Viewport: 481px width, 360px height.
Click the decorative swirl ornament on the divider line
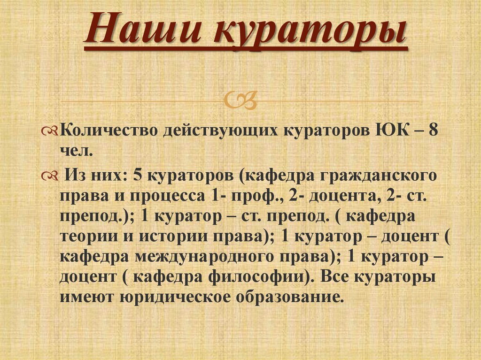click(240, 100)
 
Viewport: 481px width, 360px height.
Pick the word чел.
click(77, 151)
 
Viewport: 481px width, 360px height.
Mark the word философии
click(254, 276)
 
